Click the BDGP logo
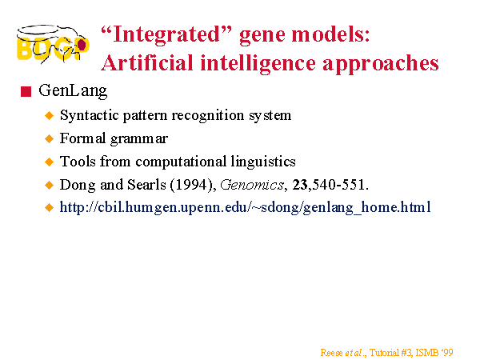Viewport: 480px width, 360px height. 53,44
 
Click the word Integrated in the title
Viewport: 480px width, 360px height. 166,34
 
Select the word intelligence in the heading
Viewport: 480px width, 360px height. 258,64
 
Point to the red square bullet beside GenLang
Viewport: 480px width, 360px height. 26,91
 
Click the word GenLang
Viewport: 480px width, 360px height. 73,91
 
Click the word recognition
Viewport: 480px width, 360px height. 208,116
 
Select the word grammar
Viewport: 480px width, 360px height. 139,138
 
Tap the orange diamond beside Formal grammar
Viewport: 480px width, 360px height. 49,138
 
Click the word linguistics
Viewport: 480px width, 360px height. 263,162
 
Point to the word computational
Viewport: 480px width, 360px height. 181,162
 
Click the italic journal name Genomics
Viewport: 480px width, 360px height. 252,185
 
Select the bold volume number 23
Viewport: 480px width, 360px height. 300,185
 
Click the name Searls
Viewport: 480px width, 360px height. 146,185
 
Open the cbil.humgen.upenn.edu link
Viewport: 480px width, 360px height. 246,207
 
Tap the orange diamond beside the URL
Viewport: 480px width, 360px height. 49,207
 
